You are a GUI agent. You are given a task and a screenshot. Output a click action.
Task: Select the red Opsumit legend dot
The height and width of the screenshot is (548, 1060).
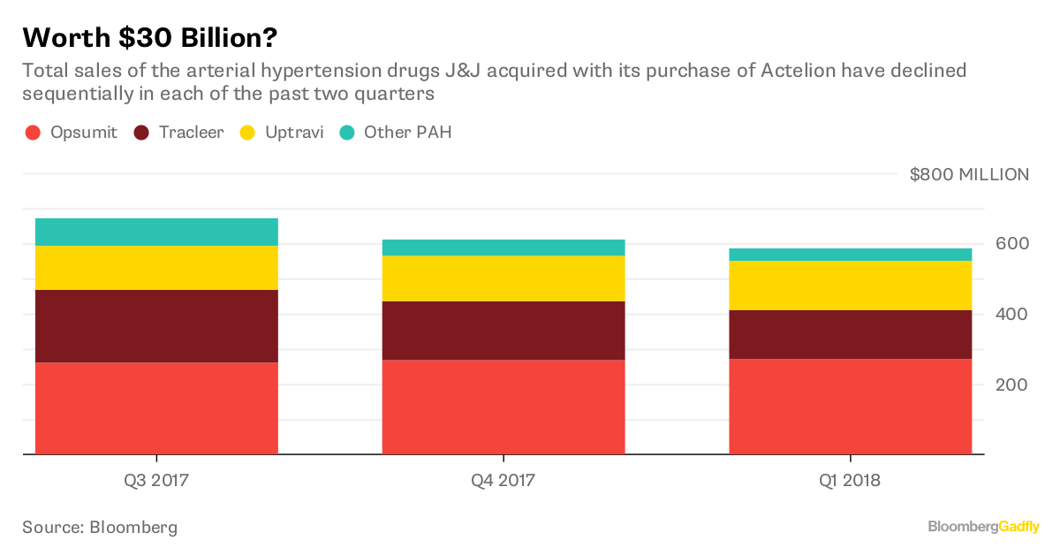(x=34, y=133)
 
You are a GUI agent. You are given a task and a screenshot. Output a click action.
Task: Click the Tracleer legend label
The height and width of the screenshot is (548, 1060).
(x=192, y=133)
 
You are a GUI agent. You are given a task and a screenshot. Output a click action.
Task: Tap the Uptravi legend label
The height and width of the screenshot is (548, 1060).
(x=294, y=133)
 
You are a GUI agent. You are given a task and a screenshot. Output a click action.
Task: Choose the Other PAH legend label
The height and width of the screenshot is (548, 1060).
(x=407, y=133)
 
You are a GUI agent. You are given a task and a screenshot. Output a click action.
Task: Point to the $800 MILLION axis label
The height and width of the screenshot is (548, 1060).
(x=969, y=174)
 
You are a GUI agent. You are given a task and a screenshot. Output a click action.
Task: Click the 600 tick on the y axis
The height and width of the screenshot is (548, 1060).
(x=1011, y=244)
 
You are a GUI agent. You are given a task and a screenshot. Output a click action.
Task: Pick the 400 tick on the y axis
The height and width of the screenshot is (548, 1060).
(x=1011, y=315)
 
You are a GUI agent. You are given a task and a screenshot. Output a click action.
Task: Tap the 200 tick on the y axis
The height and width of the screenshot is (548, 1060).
(x=1011, y=384)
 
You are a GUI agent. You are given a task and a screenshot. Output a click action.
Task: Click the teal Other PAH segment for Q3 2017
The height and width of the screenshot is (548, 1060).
(x=156, y=232)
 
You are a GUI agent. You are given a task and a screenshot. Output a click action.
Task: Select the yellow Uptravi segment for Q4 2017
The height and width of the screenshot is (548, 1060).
(x=503, y=278)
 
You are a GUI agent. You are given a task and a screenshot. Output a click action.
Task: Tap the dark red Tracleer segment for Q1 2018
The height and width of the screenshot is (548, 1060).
(x=850, y=334)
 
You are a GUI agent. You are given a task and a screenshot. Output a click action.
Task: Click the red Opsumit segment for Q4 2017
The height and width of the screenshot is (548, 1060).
(x=503, y=407)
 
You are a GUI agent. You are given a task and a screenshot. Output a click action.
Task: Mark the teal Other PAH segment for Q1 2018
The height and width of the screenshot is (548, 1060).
(x=850, y=255)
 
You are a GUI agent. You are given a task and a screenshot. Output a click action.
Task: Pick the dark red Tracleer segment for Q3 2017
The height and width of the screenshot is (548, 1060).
(x=156, y=325)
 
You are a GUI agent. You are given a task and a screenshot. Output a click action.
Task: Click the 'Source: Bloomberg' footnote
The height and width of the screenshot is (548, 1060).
(x=100, y=528)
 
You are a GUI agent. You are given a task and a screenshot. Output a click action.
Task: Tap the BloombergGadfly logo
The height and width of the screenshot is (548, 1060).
(x=983, y=527)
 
